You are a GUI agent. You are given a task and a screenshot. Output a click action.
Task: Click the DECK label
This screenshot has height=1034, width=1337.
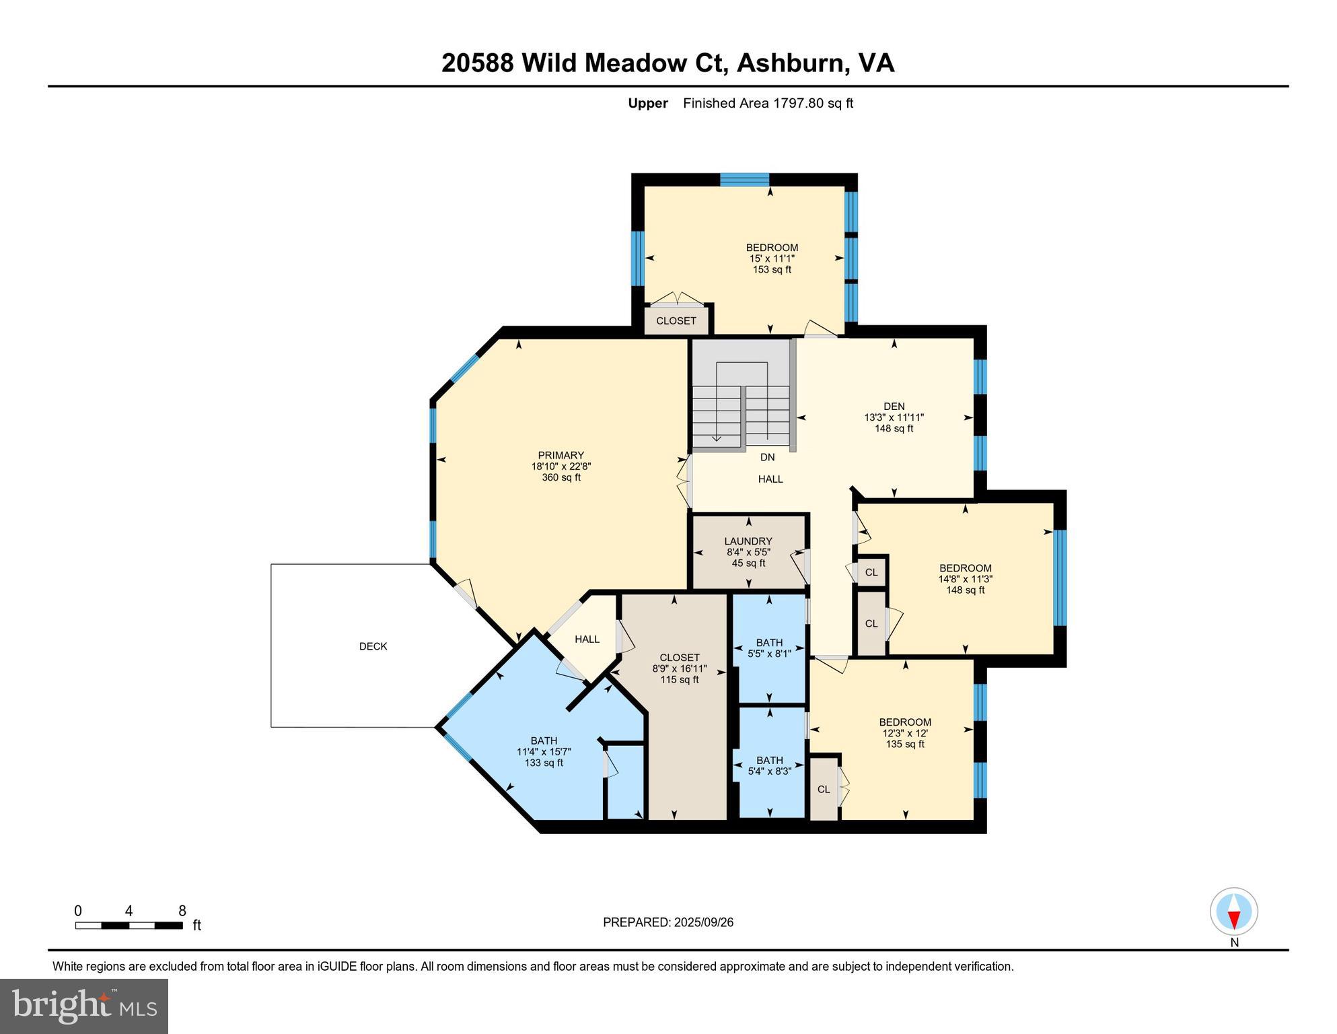coord(373,646)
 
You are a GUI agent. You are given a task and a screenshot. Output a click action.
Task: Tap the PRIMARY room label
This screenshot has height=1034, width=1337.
coord(561,455)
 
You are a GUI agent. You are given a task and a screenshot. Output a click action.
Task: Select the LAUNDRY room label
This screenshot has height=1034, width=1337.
coord(748,541)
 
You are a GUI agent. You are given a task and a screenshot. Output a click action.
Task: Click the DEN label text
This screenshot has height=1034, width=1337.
coord(894,406)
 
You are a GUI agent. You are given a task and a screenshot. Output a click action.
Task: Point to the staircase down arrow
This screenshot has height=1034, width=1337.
coord(717,438)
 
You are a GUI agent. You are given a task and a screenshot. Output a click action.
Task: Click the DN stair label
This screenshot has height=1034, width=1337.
coord(767,457)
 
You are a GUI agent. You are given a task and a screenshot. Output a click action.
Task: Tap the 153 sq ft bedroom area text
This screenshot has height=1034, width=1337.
coord(772,269)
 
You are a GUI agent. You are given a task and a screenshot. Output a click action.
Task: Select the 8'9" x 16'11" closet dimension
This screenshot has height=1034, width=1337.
coord(679,668)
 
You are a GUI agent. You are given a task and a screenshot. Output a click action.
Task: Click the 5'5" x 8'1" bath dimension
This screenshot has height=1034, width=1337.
coord(769,653)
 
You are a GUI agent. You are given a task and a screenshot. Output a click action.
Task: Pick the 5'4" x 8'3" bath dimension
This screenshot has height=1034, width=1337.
coord(769,771)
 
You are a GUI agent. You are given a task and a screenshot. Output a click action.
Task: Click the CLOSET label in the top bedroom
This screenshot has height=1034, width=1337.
coord(676,320)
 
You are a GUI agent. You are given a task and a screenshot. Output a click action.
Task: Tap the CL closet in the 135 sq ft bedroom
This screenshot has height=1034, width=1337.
coord(824,789)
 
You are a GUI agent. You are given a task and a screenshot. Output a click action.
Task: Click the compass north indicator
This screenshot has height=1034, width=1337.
coord(1233,919)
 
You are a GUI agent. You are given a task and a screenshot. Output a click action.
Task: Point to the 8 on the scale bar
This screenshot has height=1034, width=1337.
coord(182,911)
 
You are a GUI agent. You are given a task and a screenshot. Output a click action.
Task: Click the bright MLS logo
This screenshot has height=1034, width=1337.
coord(84,1006)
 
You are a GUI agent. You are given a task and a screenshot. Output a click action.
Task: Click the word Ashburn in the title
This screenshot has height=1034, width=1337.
coord(791,63)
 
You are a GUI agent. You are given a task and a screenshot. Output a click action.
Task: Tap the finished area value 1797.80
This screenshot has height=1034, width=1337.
coord(798,103)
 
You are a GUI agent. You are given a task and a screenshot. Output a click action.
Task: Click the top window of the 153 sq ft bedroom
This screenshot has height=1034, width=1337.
coord(744,179)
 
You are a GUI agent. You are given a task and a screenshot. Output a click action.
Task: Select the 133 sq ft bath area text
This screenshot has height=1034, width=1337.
coord(544,763)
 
